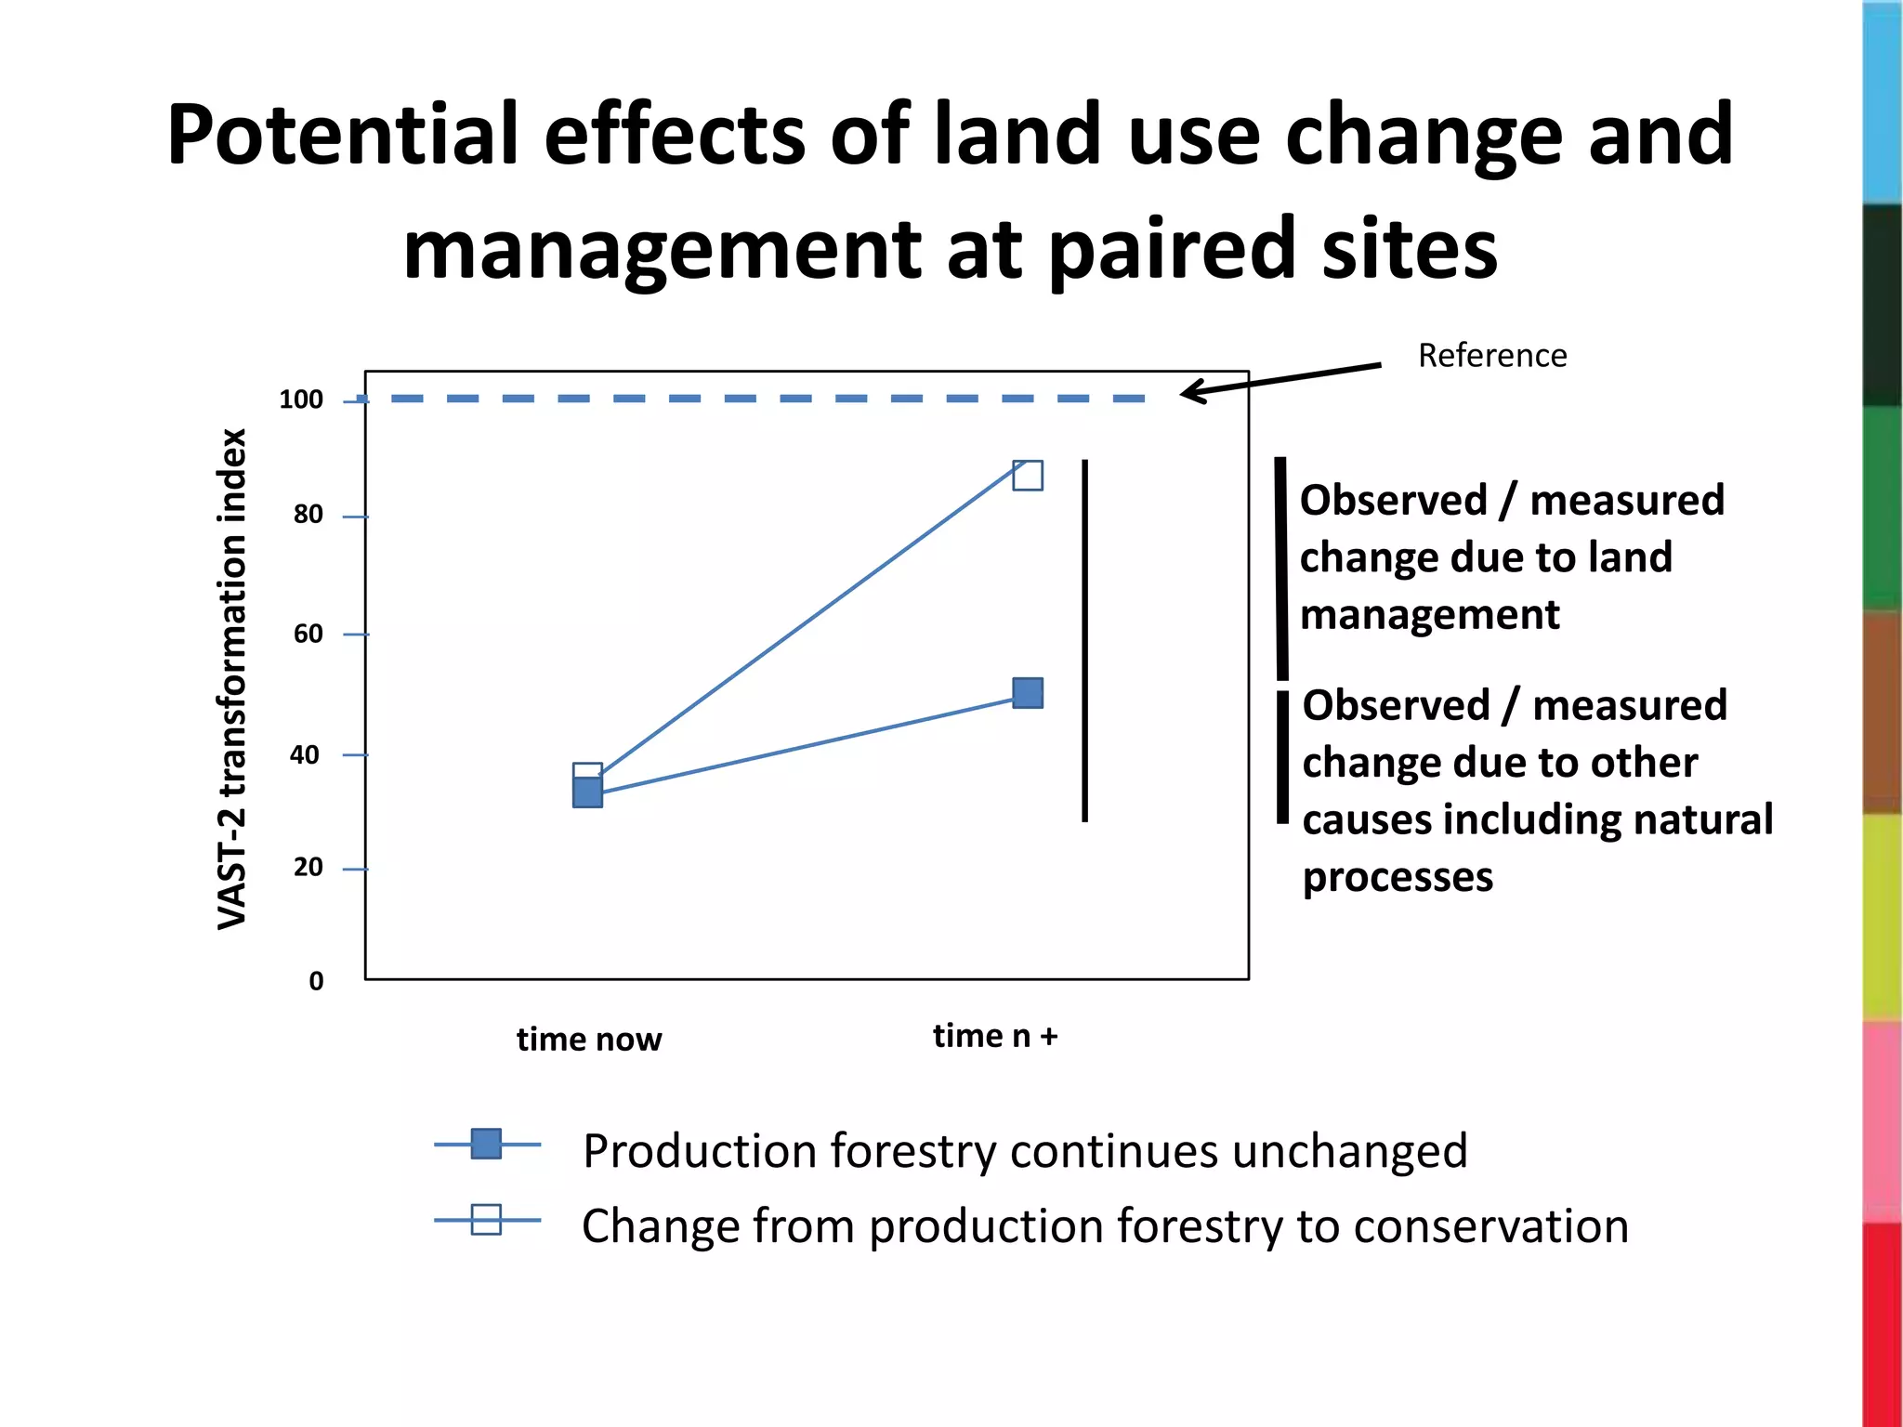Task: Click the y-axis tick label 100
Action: (x=301, y=399)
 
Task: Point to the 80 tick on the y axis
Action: (x=308, y=515)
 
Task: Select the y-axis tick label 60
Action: (x=308, y=634)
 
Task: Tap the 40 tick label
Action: (x=305, y=754)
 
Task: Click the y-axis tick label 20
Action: (x=308, y=868)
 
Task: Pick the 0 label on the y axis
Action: (x=316, y=981)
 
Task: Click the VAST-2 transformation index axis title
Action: (x=232, y=678)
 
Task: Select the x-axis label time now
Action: (x=589, y=1039)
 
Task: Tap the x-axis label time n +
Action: (x=995, y=1036)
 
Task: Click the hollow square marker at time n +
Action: (x=1028, y=476)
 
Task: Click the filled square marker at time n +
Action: (x=1028, y=693)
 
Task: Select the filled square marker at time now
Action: (x=587, y=793)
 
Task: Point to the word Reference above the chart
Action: (x=1492, y=356)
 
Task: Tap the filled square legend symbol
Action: (x=486, y=1145)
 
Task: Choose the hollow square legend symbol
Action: (x=486, y=1220)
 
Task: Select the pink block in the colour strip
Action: (x=1883, y=1119)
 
